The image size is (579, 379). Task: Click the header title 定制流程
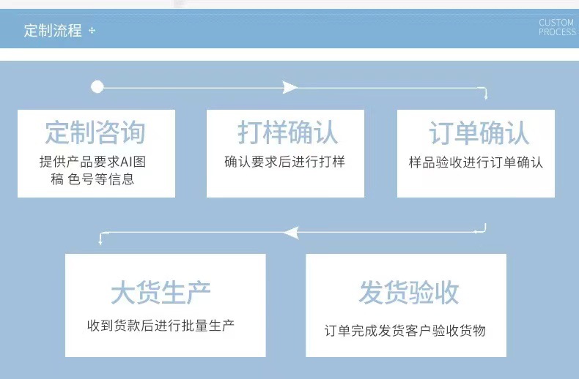click(x=53, y=31)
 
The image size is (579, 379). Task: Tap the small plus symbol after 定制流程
click(x=92, y=31)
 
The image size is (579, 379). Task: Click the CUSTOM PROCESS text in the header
click(x=557, y=28)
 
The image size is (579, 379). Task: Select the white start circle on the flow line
click(x=97, y=87)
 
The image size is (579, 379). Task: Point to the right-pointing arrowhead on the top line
click(x=290, y=87)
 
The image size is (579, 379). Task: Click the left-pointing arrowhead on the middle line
click(x=290, y=233)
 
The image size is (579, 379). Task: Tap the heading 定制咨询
click(x=95, y=132)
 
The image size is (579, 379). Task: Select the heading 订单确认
click(x=479, y=132)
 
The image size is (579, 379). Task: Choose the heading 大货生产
click(x=161, y=293)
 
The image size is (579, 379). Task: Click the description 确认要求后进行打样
click(x=284, y=162)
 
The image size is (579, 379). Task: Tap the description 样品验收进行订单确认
click(x=476, y=162)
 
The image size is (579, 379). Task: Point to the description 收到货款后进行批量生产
click(x=161, y=325)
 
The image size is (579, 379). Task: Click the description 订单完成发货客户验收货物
click(x=405, y=331)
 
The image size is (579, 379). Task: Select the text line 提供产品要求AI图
click(x=97, y=162)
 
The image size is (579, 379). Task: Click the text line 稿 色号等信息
click(x=92, y=179)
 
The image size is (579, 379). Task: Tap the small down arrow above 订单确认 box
click(x=484, y=95)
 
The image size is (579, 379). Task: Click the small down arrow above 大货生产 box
click(x=100, y=241)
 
